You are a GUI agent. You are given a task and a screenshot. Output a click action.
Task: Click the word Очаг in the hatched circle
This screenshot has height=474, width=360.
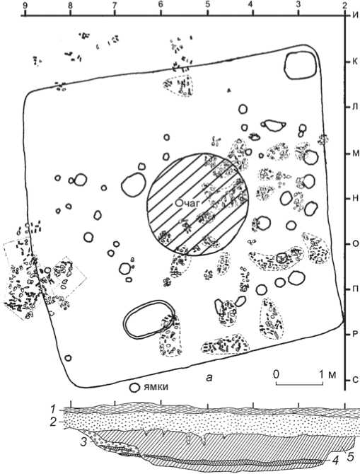[187, 203]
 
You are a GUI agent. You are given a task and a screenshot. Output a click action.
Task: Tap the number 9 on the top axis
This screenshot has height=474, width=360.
[25, 6]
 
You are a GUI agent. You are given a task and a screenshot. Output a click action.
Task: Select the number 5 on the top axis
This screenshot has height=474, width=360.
[207, 6]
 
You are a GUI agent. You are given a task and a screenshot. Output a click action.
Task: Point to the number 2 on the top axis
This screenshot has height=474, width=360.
[345, 6]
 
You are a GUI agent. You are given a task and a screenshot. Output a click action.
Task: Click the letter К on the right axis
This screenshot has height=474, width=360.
[355, 62]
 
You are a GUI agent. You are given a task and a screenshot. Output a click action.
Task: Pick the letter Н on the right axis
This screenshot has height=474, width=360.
[355, 198]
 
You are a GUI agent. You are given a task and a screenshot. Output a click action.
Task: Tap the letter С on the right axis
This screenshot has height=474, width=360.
[355, 380]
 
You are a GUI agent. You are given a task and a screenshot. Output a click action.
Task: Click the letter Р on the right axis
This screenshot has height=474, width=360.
[355, 335]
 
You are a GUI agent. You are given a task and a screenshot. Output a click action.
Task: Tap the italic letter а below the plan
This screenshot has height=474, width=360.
[209, 377]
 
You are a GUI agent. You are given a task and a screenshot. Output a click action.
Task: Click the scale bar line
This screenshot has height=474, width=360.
[300, 384]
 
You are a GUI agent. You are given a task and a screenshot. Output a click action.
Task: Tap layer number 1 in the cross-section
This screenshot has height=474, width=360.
[52, 410]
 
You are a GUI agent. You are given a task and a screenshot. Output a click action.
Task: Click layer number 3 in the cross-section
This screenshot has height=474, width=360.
[83, 441]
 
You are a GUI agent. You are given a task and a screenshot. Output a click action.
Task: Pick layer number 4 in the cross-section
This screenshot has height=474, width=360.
[335, 460]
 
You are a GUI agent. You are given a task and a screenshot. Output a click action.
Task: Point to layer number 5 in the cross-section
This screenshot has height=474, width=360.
[350, 456]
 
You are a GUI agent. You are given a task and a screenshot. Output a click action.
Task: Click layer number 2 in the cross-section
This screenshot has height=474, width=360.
[53, 422]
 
